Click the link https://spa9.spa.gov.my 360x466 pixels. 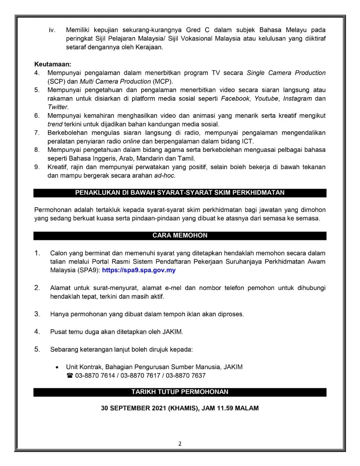click(x=139, y=270)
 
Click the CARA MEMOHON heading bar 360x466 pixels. click(x=180, y=236)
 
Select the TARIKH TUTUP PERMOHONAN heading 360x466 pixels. click(x=180, y=392)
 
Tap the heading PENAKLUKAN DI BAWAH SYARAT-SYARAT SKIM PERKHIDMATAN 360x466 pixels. click(x=180, y=192)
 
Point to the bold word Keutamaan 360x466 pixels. click(x=53, y=64)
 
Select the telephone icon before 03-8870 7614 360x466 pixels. click(x=69, y=376)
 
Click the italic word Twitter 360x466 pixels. click(x=58, y=107)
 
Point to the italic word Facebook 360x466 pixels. click(x=235, y=98)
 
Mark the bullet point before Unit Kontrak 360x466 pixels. click(x=57, y=367)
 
